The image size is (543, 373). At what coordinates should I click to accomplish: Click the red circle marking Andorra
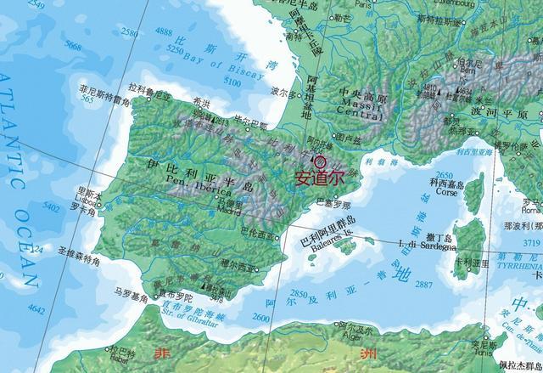pos(319,160)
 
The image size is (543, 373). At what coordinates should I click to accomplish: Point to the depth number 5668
pos(73,45)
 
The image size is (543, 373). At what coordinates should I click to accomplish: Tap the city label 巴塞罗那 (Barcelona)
pos(332,204)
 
